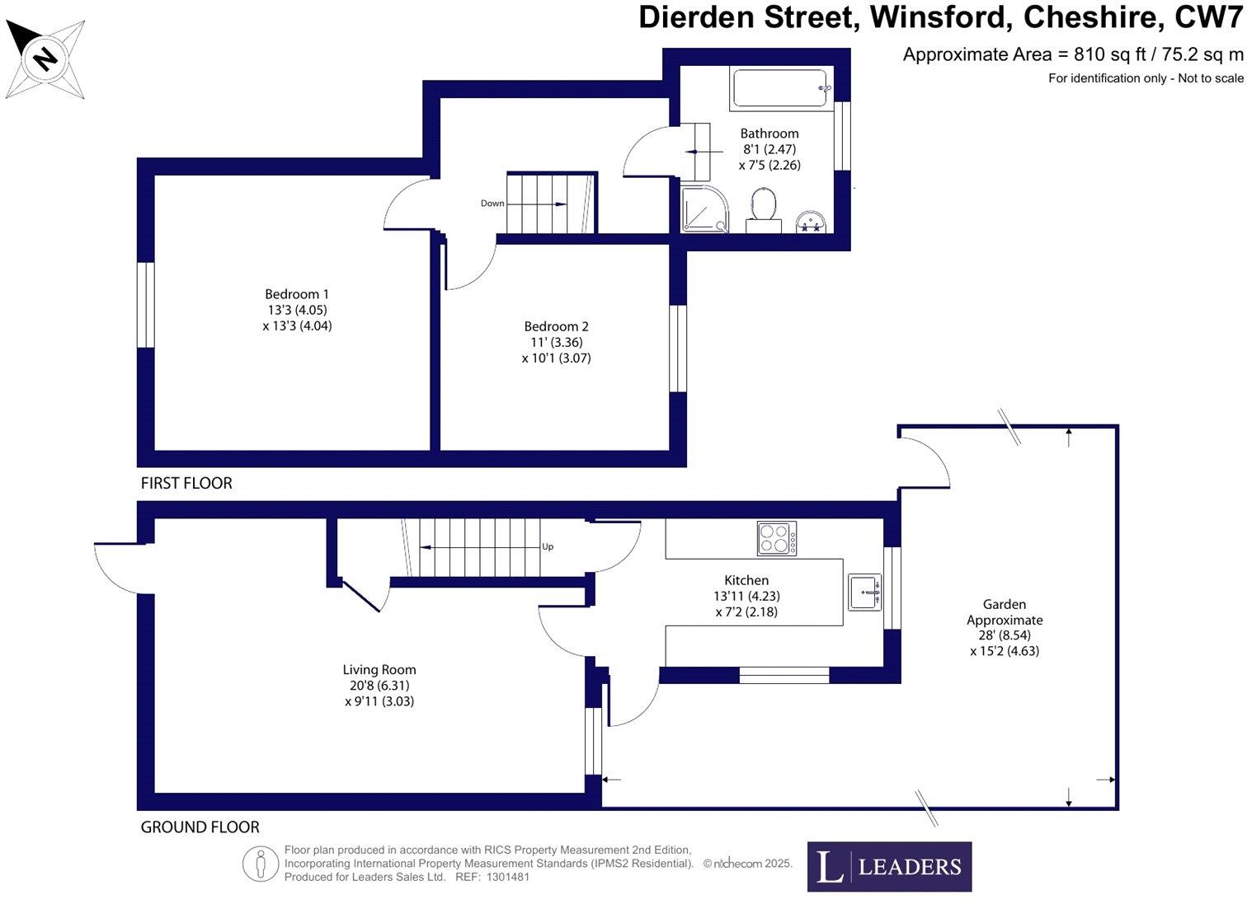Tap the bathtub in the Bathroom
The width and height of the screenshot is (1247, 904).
tap(780, 89)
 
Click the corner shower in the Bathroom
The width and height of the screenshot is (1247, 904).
tap(703, 209)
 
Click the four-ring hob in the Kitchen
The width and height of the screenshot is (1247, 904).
tap(777, 538)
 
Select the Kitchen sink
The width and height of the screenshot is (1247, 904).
tap(864, 592)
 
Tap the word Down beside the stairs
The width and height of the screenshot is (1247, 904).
tap(492, 204)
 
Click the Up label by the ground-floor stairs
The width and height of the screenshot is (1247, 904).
tap(548, 546)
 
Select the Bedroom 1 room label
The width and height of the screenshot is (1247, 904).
tap(297, 294)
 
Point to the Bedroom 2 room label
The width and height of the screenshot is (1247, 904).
tap(556, 326)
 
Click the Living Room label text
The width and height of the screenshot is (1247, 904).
tap(379, 670)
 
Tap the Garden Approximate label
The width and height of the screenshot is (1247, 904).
tap(1005, 612)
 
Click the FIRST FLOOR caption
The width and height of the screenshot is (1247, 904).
tap(186, 484)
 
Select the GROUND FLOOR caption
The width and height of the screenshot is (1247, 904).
tap(200, 827)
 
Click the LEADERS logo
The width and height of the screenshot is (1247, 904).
tap(889, 866)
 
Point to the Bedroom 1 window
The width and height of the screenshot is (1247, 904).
tap(146, 304)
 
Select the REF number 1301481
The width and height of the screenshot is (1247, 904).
tap(509, 877)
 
